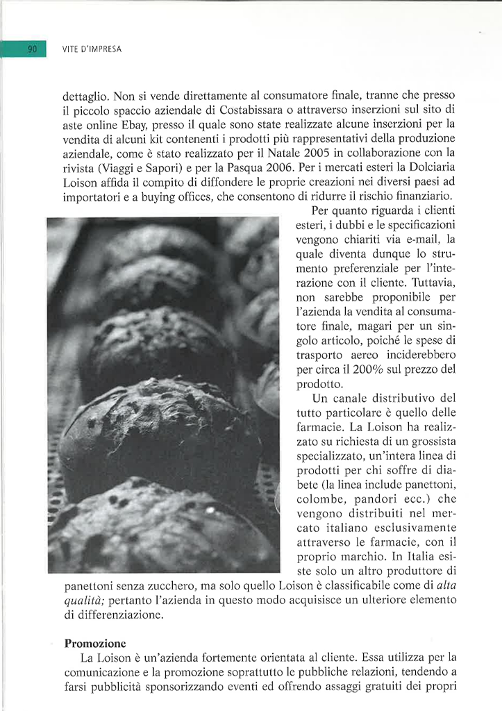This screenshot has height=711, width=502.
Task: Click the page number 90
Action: [32, 49]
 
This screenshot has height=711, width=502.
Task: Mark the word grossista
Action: [431, 442]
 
